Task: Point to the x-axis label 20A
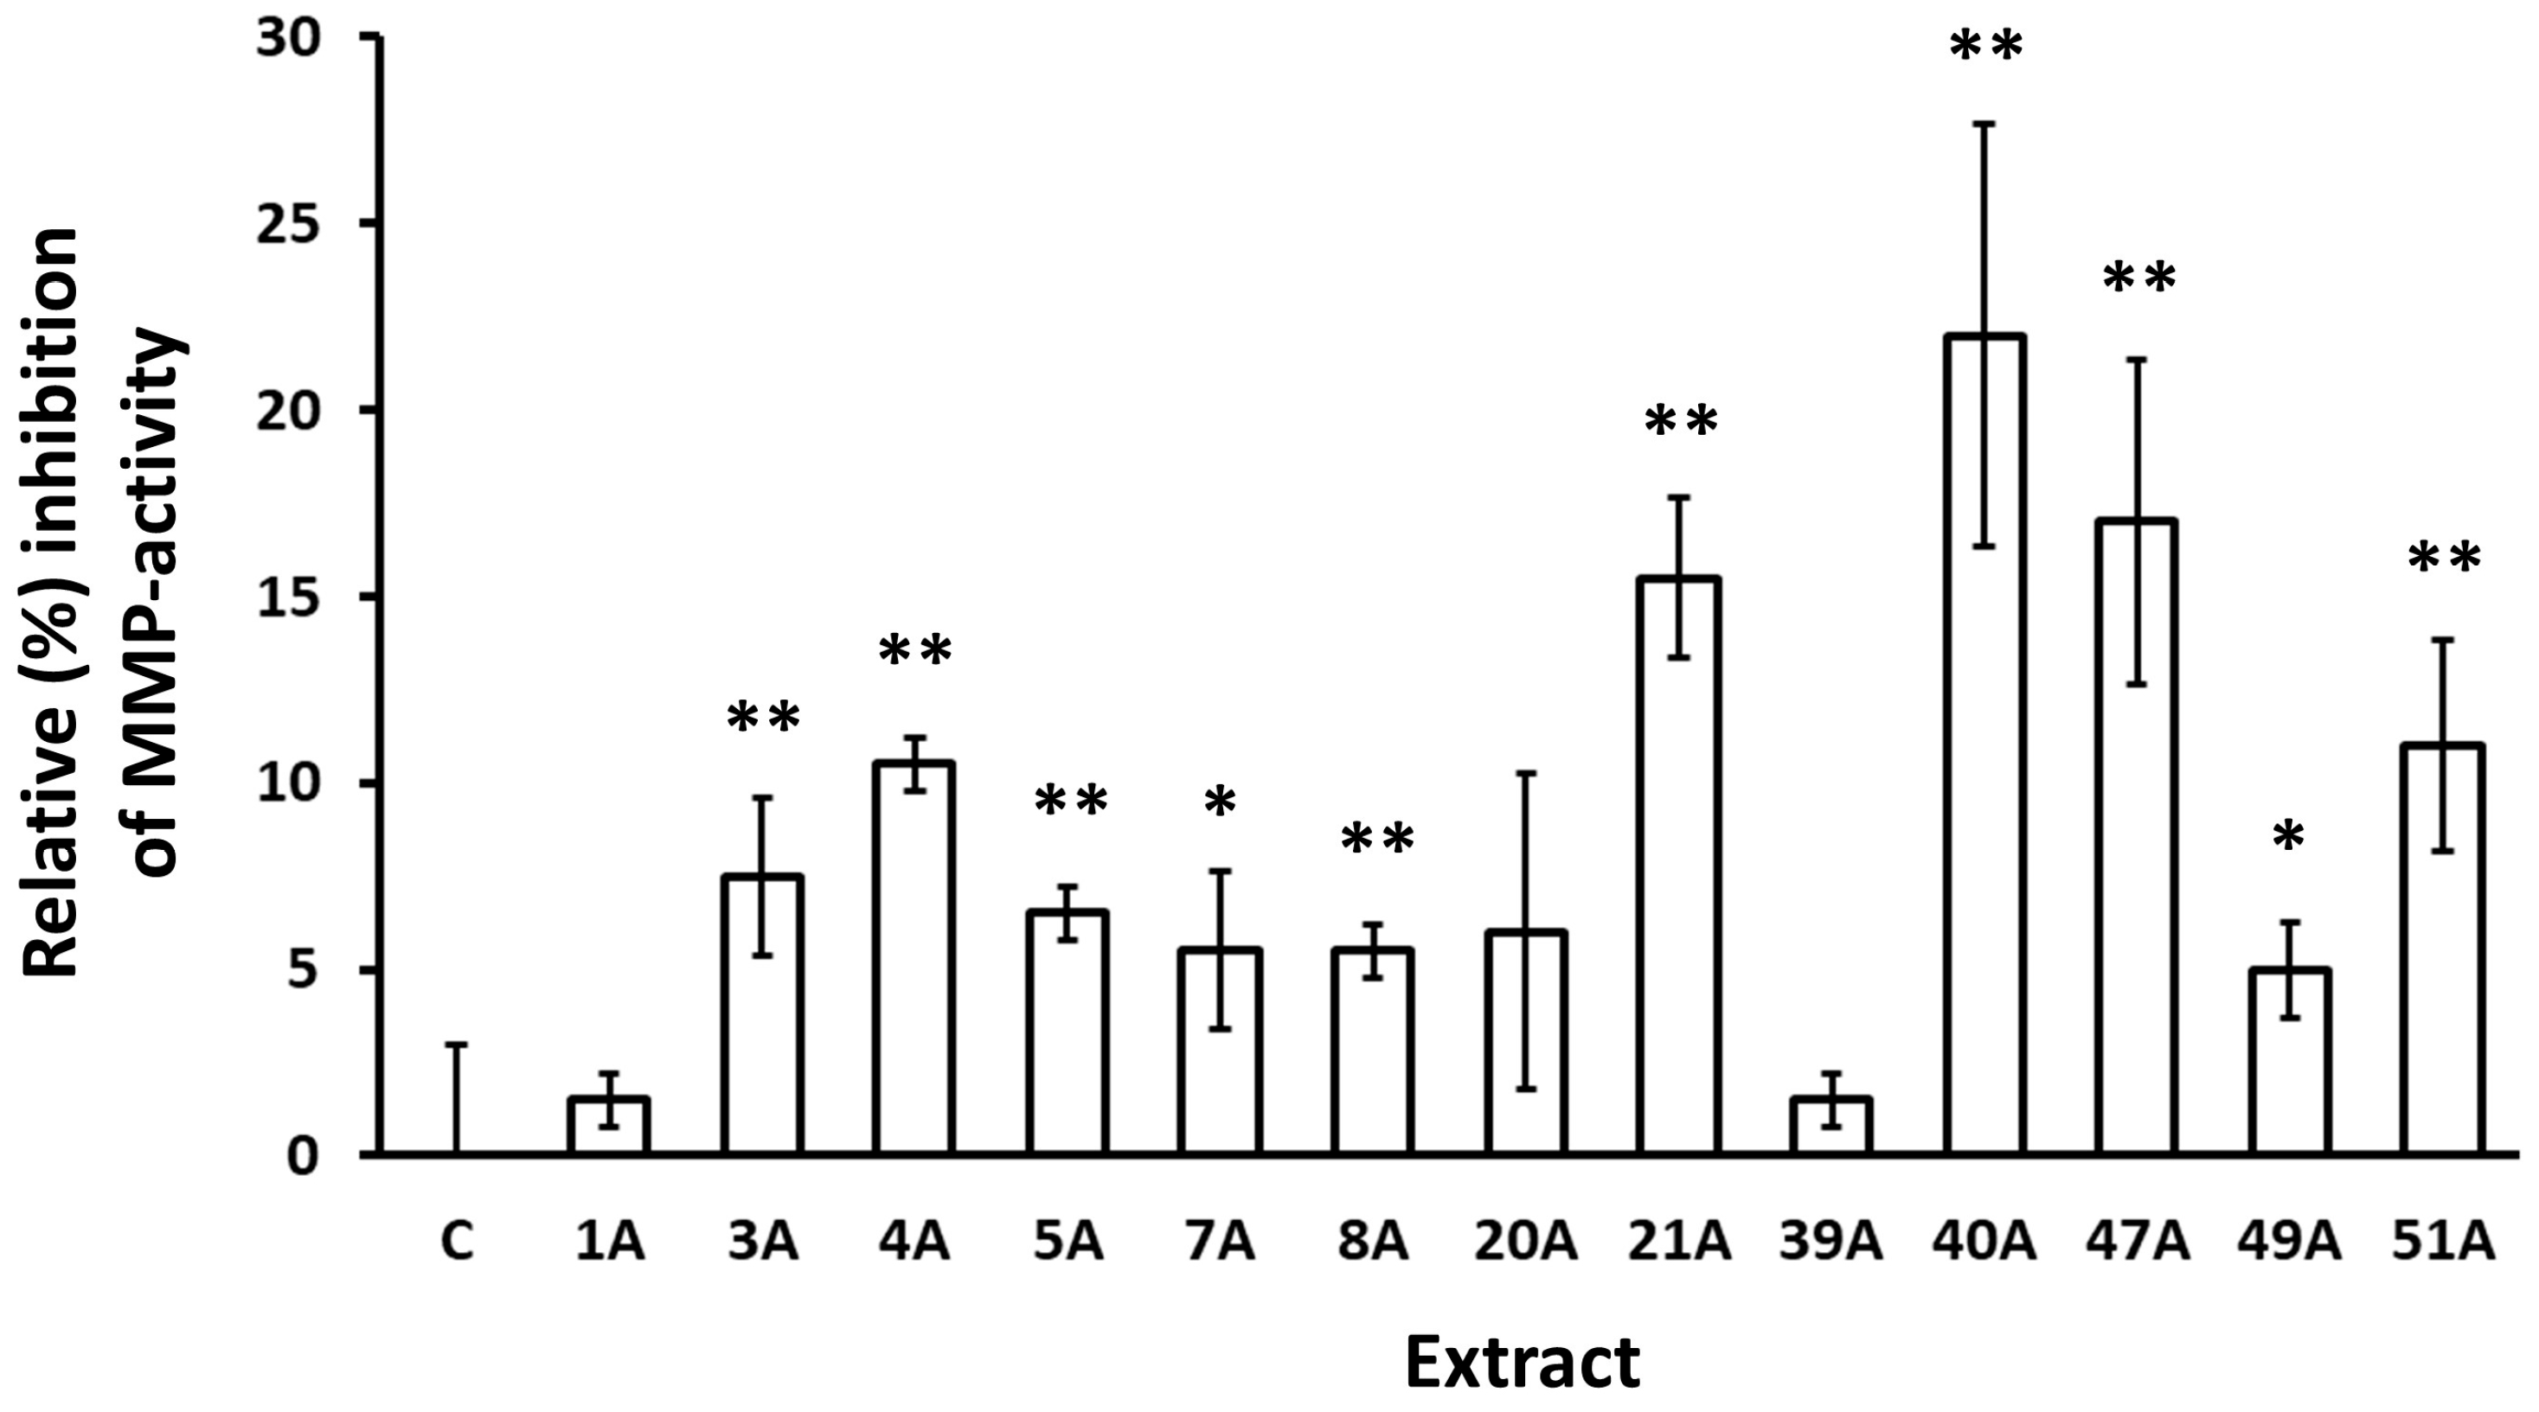(1526, 1243)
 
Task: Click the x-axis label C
(457, 1243)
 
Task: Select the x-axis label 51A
(2443, 1243)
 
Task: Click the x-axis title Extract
(1522, 1363)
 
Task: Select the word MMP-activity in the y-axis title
(157, 601)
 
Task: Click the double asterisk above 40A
(1986, 47)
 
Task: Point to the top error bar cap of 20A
(1526, 774)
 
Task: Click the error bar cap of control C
(457, 1045)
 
